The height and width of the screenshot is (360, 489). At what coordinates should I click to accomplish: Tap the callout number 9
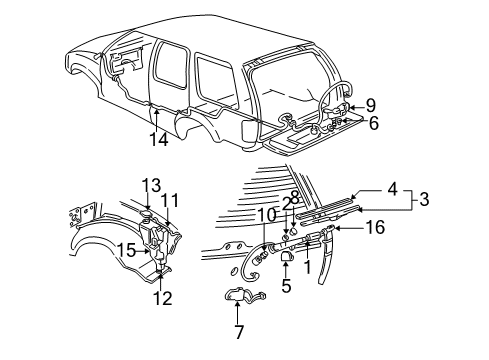(369, 103)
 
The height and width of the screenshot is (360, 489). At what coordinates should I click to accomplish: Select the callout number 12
(163, 297)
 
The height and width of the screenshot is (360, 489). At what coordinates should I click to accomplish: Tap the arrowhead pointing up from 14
(154, 113)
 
